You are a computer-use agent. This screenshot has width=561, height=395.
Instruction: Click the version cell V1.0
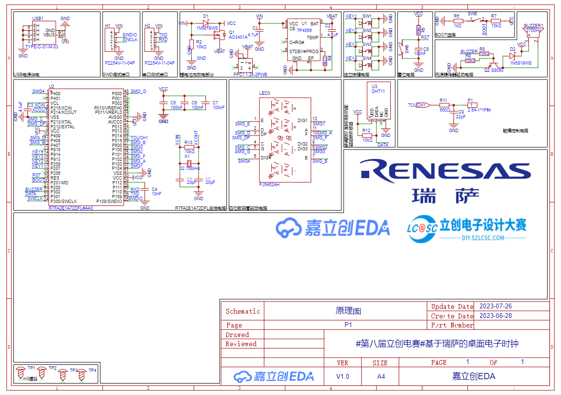point(342,376)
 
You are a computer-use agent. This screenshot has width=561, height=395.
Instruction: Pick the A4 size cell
point(381,376)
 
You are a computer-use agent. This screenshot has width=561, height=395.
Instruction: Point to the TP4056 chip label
point(304,30)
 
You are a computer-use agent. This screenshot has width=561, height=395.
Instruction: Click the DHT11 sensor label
point(379,91)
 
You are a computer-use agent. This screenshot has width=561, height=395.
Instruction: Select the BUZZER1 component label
point(534,25)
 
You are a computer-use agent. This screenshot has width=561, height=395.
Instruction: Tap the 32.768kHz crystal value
point(190,169)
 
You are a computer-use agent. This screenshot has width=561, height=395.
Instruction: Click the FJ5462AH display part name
point(269,184)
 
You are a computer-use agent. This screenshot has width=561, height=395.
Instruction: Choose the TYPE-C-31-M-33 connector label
point(42,47)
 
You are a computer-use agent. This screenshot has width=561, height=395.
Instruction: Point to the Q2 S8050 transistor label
point(493,70)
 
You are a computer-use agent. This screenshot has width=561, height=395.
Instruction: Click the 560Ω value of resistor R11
point(444,110)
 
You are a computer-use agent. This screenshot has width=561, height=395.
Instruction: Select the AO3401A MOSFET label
point(238,37)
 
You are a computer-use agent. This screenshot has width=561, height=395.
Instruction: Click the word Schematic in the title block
point(243,311)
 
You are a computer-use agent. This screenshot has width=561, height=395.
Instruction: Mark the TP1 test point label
point(31,368)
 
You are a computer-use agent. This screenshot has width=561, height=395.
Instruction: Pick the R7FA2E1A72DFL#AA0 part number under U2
point(71,208)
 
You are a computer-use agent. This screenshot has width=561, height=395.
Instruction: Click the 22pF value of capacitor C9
point(461,116)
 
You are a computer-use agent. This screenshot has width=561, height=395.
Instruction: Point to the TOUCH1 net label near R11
point(417,105)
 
